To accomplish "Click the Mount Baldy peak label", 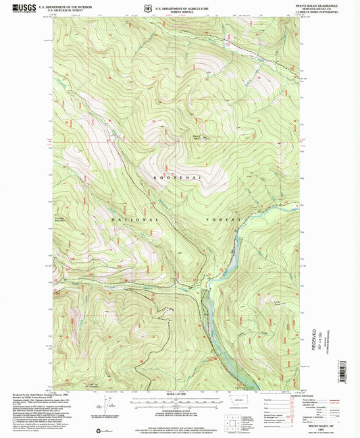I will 196,138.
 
